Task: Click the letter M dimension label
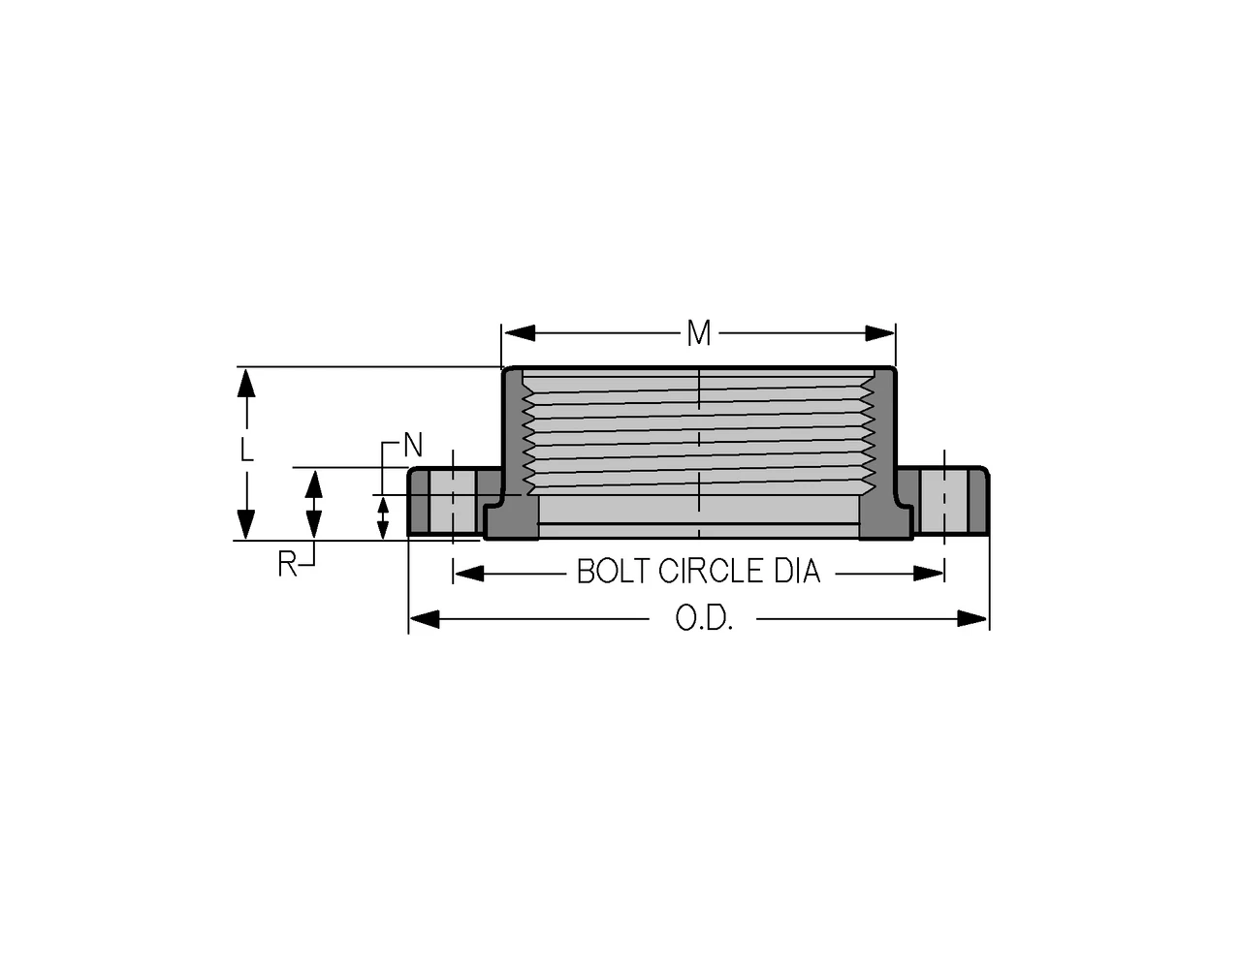pos(698,333)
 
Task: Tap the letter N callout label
pos(413,445)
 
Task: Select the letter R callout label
pos(287,564)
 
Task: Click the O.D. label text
pos(704,618)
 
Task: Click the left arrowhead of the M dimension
pos(520,333)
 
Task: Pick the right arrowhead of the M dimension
pos(879,333)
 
